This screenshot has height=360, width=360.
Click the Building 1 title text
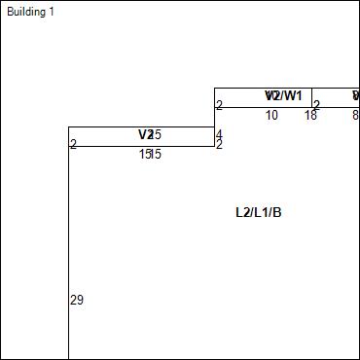tap(30, 12)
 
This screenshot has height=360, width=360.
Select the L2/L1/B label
tap(258, 212)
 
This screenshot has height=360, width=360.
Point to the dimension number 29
tap(77, 301)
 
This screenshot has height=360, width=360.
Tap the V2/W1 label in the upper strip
tap(283, 95)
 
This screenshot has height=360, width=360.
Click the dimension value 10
tap(271, 116)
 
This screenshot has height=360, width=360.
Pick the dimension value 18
tap(310, 116)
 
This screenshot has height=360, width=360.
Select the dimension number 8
tap(354, 116)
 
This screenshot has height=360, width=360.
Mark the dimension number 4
tap(219, 134)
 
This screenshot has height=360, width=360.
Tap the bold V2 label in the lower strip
tap(146, 134)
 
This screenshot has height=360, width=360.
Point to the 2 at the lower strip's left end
tap(73, 145)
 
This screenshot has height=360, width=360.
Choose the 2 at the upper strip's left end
tap(219, 105)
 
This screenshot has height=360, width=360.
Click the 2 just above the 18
tap(316, 105)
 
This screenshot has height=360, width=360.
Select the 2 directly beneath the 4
tap(219, 145)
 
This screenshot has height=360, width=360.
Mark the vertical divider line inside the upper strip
tap(311, 97)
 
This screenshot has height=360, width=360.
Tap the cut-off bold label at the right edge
tap(356, 95)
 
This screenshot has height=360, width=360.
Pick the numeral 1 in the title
tap(51, 12)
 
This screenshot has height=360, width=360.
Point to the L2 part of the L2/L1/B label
tap(242, 212)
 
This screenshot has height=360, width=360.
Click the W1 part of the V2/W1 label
tap(293, 95)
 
